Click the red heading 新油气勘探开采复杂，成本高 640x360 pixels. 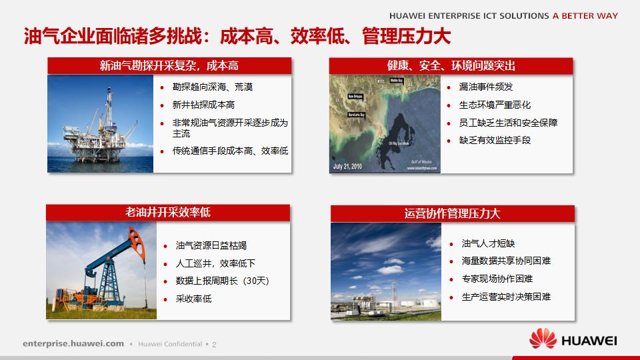[x=169, y=65]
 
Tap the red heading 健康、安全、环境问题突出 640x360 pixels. [x=451, y=65]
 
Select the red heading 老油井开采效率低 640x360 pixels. [x=168, y=213]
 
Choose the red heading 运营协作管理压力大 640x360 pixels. [x=452, y=213]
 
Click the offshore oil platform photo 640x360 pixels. [x=100, y=123]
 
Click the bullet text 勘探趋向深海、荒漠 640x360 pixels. [x=213, y=87]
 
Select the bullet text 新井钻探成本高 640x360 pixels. [x=203, y=105]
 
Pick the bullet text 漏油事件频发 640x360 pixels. [x=486, y=87]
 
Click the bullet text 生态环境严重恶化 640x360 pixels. [x=495, y=105]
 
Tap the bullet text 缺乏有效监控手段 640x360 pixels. [x=495, y=141]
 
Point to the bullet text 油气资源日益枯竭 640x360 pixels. [x=211, y=246]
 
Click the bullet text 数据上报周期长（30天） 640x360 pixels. [x=222, y=281]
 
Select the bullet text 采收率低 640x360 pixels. [x=193, y=299]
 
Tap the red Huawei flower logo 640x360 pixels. [x=543, y=339]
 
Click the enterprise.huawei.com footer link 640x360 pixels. [x=73, y=343]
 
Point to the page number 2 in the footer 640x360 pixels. [x=215, y=345]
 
